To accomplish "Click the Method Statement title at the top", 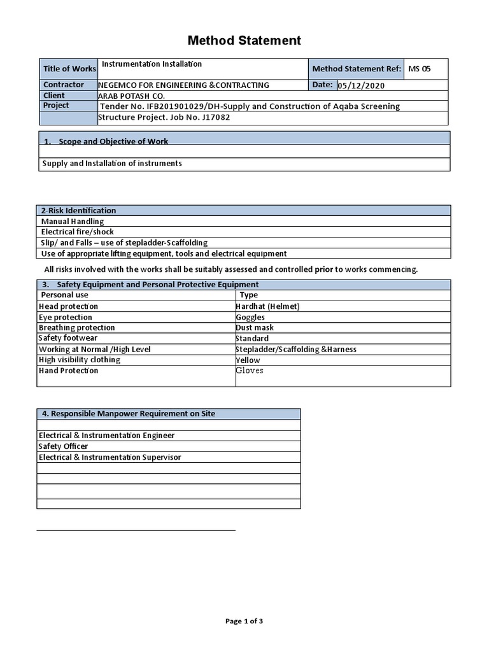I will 244,41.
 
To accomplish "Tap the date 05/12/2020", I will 361,85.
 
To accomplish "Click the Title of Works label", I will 69,69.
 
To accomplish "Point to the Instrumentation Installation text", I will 152,64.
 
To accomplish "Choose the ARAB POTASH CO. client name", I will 131,96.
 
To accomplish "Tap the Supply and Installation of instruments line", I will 112,164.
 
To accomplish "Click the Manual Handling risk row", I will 73,221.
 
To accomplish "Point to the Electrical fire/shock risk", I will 78,232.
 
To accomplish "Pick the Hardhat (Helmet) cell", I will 267,306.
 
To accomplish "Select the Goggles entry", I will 250,317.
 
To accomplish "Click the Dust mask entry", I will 255,327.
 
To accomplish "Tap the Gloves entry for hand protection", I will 250,371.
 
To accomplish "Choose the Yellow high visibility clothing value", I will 248,360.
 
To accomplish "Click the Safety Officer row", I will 64,446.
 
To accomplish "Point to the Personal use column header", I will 65,295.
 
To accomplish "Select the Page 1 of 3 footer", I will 244,621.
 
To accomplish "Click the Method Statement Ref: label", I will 357,69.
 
